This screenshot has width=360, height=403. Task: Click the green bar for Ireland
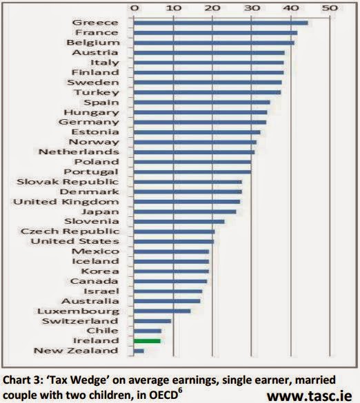pos(147,341)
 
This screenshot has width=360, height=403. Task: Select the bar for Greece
pos(221,23)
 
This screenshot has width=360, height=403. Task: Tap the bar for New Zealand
pos(139,351)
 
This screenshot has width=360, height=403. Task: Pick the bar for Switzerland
pos(152,321)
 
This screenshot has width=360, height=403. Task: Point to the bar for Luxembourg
pos(162,311)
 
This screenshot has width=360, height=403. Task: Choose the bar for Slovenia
pos(179,222)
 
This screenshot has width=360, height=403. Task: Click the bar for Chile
pos(148,331)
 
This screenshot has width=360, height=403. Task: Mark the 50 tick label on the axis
pos(330,8)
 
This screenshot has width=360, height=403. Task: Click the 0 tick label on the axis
pos(134,8)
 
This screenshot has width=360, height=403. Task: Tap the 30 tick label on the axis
pos(252,8)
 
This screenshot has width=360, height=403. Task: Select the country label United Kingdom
pos(66,202)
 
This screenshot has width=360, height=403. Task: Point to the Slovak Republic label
pos(68,182)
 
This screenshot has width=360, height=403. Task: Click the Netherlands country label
pos(79,152)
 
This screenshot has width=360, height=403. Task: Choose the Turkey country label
pos(97,92)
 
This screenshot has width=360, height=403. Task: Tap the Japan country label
pos(101,212)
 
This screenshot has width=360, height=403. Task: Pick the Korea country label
pos(100,271)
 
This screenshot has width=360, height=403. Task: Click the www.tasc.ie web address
pos(309,396)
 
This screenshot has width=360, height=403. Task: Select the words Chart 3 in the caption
pos(22,380)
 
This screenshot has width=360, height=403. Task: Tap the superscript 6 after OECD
pos(180,391)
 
